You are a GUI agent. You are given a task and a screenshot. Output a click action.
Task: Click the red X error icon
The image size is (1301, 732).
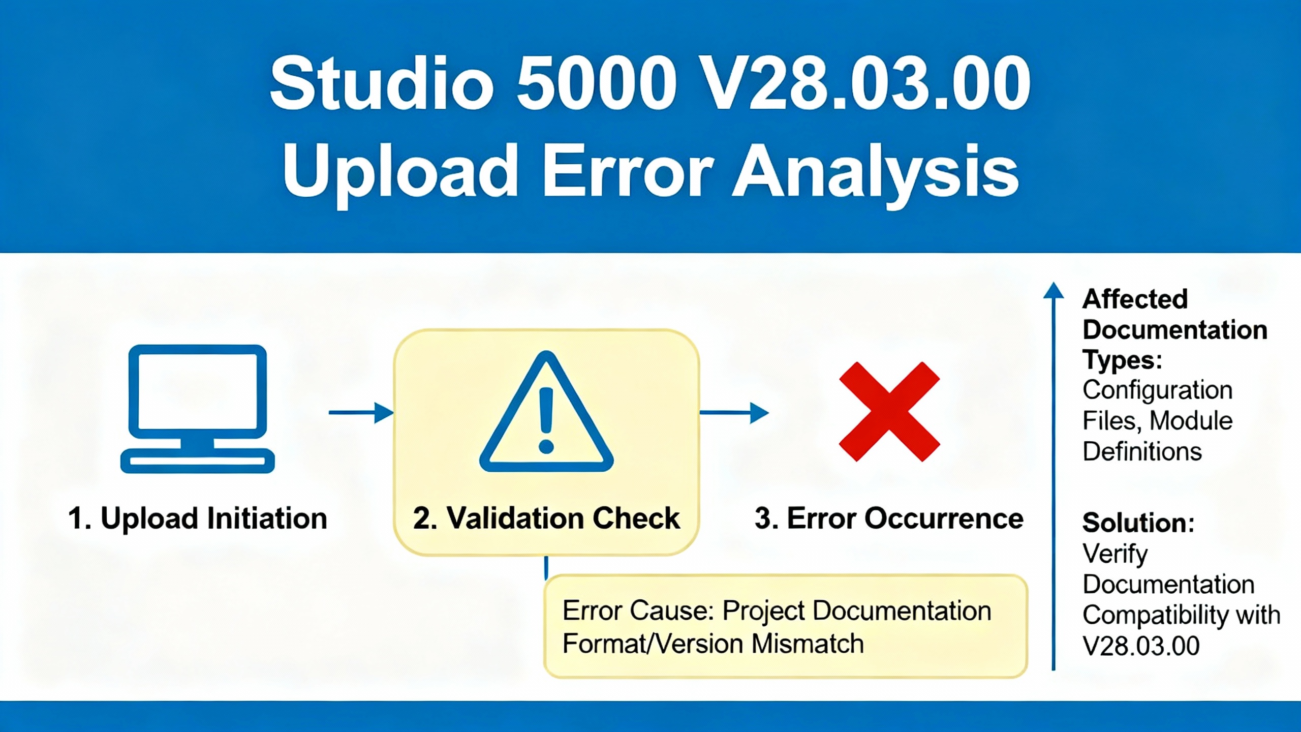[889, 411]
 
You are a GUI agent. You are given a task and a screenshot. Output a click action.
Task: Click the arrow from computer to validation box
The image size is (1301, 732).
[361, 412]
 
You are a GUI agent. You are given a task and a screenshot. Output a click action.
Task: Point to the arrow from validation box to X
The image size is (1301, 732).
[734, 412]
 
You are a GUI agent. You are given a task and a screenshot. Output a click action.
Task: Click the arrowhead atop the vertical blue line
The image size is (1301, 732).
[1054, 290]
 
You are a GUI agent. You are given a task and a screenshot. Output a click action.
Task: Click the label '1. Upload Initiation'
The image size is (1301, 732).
[198, 518]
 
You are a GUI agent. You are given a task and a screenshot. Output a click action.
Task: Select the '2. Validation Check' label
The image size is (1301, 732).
[546, 518]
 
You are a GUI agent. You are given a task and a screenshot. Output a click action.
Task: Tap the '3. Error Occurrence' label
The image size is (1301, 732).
[889, 518]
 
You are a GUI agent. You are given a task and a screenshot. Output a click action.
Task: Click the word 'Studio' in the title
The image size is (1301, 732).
[382, 84]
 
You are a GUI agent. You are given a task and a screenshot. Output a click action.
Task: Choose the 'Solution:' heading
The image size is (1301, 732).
[1138, 523]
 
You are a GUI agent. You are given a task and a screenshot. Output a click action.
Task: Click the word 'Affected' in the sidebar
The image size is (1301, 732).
[1135, 299]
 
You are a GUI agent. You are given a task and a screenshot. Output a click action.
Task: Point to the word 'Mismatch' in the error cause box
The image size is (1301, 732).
[808, 644]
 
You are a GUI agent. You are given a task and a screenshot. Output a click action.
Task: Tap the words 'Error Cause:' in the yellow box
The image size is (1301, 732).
[638, 611]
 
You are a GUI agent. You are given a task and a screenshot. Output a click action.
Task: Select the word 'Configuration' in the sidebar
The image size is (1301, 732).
[1158, 390]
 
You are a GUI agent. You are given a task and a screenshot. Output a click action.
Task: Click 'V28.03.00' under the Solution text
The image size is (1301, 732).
[1141, 646]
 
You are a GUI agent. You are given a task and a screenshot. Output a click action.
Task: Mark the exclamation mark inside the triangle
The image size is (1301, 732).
[546, 420]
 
